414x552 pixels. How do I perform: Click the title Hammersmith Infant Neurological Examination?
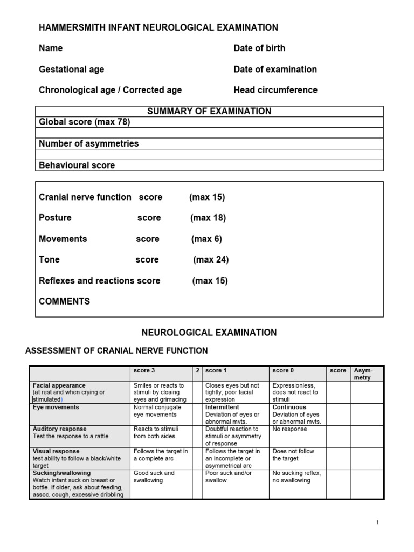158,27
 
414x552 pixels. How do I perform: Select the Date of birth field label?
259,49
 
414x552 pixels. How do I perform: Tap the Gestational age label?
72,70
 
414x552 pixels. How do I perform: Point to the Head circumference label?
275,90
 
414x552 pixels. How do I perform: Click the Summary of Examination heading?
209,112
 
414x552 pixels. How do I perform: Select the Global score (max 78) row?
85,122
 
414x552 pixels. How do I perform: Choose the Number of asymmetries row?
89,144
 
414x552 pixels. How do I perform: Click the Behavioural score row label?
77,165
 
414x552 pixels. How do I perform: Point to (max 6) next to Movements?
206,239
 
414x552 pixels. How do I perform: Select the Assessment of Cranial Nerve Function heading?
116,351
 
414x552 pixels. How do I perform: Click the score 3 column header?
145,371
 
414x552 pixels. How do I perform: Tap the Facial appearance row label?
59,386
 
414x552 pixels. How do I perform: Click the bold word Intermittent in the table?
222,408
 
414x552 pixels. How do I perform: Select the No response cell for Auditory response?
289,430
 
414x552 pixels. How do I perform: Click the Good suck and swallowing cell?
154,477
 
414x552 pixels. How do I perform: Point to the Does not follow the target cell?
293,455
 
